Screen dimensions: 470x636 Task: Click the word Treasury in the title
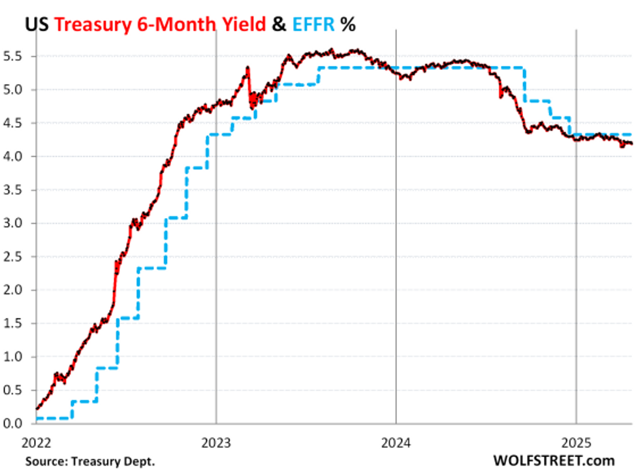click(93, 24)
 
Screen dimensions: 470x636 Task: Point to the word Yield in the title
click(241, 24)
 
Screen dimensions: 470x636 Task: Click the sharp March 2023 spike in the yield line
click(248, 68)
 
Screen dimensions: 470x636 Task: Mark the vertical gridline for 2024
click(396, 261)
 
